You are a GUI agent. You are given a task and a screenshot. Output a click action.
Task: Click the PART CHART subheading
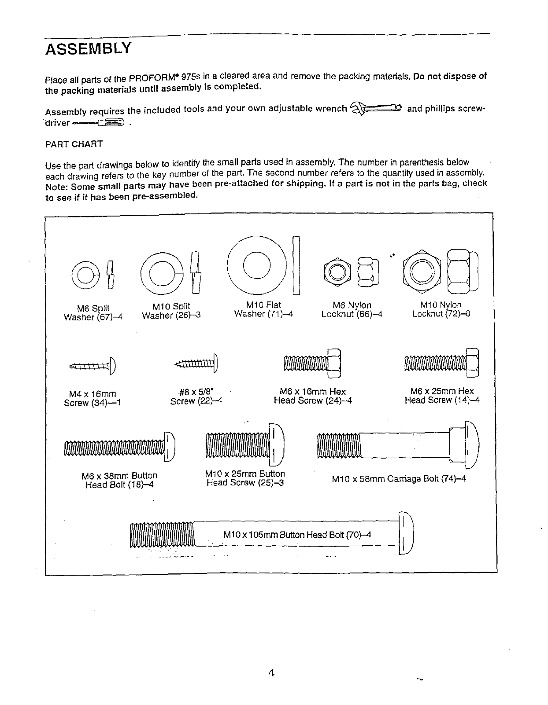coord(74,144)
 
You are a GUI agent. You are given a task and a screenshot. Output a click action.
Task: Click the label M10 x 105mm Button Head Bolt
coord(297,535)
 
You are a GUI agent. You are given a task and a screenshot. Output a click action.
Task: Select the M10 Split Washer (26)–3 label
coord(171,311)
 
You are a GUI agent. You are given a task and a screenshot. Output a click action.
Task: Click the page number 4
coord(272,673)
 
